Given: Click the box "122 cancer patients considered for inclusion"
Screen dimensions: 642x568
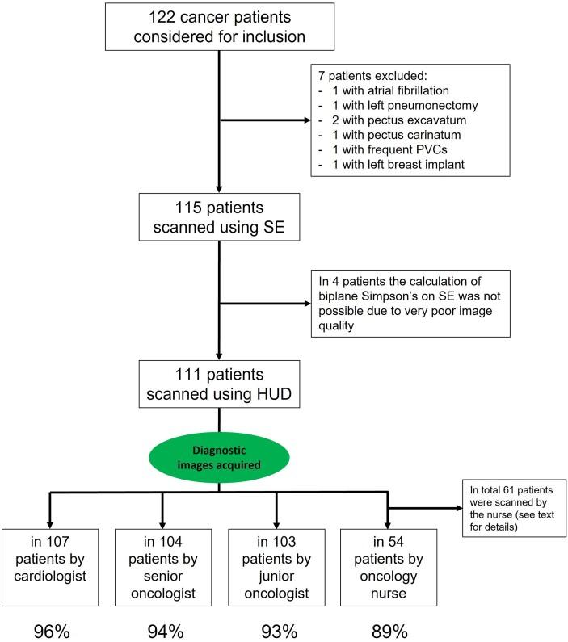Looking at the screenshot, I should pos(220,27).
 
